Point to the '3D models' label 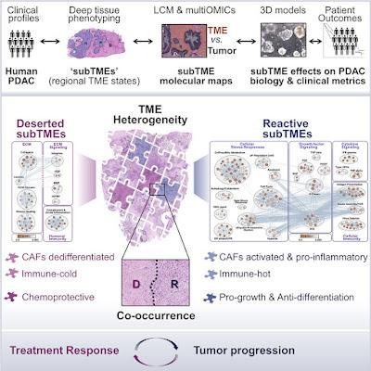pyautogui.click(x=281, y=10)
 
